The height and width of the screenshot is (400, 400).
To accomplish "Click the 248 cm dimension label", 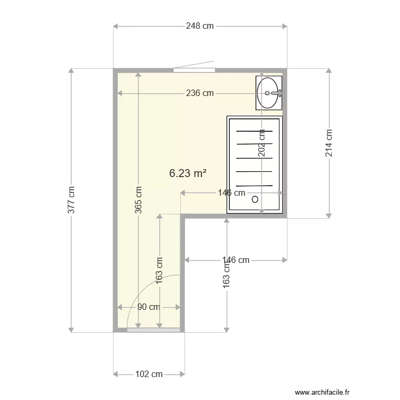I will point(200,26).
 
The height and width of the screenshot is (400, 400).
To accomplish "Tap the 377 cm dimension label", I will point(71,200).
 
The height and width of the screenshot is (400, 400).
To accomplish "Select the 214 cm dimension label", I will point(329,143).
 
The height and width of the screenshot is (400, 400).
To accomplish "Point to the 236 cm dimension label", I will point(200,93).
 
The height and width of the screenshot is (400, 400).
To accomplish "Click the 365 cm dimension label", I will point(138,199).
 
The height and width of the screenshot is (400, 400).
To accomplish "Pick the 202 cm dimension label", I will point(262,143).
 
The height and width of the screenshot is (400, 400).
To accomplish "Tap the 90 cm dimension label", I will point(148,307).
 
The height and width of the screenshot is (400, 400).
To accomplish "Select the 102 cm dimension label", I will point(149,374).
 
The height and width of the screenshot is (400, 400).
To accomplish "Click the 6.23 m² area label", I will point(188,173).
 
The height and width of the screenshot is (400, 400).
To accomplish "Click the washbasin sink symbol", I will point(268,92).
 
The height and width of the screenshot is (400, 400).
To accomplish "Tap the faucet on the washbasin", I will point(277,93).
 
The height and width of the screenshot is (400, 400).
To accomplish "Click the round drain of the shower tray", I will point(255,199).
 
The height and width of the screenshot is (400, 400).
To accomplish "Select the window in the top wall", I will point(194,69).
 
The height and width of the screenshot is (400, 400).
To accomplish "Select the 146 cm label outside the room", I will point(235,260).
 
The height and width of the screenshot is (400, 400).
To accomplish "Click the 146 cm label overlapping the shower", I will point(231,193).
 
